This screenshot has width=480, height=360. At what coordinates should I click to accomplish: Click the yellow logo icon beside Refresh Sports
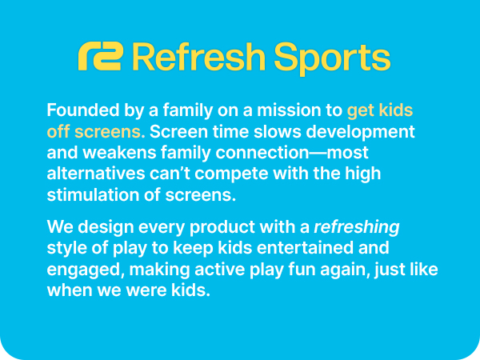point(100,57)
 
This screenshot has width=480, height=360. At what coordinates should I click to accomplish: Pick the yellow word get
point(361,110)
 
